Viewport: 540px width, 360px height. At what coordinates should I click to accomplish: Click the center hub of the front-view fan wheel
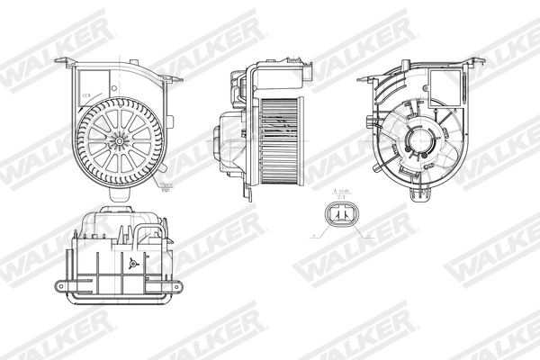(118, 140)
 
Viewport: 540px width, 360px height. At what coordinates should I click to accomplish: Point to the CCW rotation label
(88, 94)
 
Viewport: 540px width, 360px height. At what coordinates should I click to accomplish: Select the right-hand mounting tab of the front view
(175, 79)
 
